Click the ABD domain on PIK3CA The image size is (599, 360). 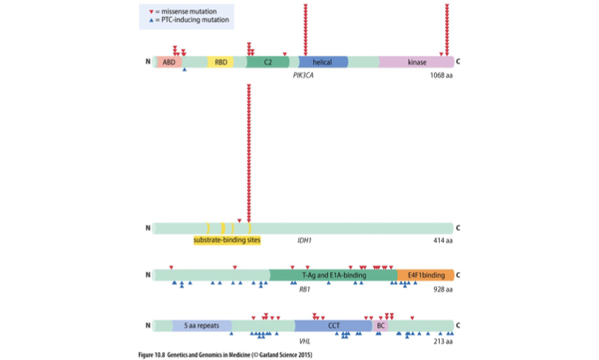click(x=169, y=62)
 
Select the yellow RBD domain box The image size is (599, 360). click(x=221, y=62)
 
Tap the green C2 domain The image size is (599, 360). click(x=268, y=62)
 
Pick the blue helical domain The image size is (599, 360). click(x=323, y=62)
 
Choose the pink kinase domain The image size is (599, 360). click(x=416, y=62)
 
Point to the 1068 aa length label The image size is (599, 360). click(x=441, y=76)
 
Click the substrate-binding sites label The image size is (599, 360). click(x=227, y=240)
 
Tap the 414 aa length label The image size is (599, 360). click(x=443, y=240)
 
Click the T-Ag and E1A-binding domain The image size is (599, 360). click(x=334, y=275)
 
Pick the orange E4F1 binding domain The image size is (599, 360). click(x=426, y=275)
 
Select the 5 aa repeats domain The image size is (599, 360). click(x=202, y=325)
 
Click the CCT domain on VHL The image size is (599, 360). click(x=334, y=325)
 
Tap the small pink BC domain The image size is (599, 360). click(x=381, y=325)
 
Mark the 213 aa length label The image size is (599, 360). click(x=443, y=341)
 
